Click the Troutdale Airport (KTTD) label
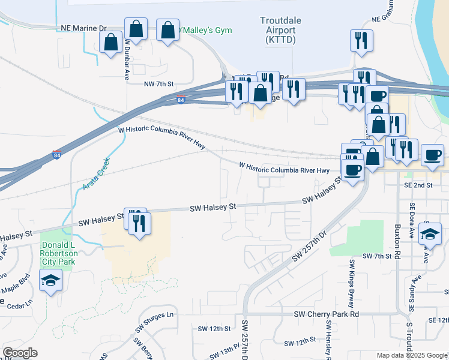tap(278, 30)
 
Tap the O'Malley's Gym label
tap(206, 29)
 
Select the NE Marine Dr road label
tap(83, 28)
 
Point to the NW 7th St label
tap(158, 85)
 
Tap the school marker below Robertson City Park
tap(50, 280)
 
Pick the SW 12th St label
tap(214, 329)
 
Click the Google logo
tap(19, 353)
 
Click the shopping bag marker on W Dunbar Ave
tap(136, 29)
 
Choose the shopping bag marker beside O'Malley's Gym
tap(167, 30)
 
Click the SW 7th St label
tap(377, 256)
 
